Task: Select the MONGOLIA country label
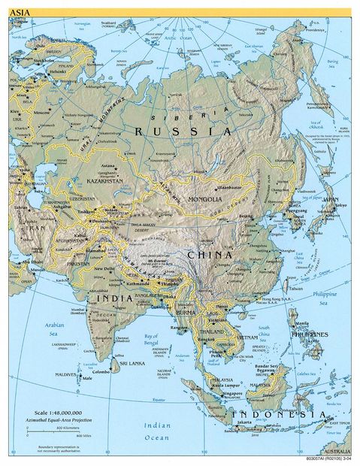(x=205, y=199)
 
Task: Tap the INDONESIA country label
(x=282, y=415)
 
